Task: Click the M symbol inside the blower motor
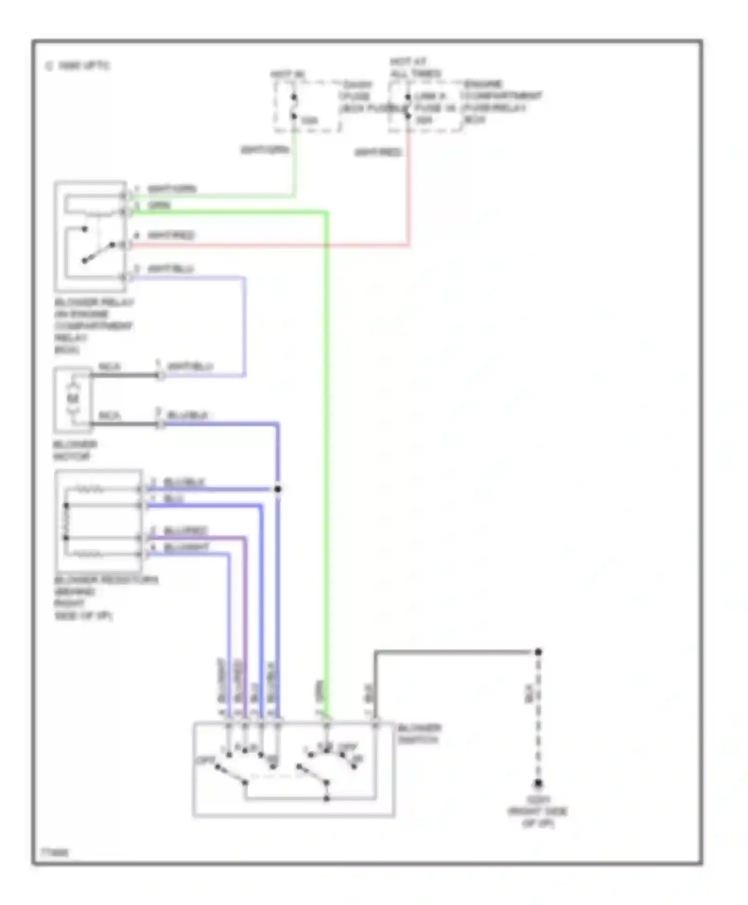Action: coord(74,398)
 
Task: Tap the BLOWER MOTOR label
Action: coord(75,451)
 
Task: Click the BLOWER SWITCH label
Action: coord(419,734)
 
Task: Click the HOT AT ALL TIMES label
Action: coord(415,67)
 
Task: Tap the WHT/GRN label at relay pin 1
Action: coord(172,189)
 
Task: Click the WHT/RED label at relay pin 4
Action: coord(171,235)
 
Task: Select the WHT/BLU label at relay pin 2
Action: coord(171,269)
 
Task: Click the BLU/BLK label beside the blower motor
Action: coord(187,415)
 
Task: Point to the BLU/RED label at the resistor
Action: coord(185,530)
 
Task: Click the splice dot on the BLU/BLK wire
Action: coord(278,489)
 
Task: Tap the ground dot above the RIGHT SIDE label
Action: coord(538,784)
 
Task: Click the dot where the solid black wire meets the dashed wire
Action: coord(538,652)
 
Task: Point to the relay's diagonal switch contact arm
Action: coord(99,252)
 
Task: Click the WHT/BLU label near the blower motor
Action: coord(190,367)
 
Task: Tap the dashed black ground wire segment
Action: coord(538,718)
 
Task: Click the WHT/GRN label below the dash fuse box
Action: coord(265,150)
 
